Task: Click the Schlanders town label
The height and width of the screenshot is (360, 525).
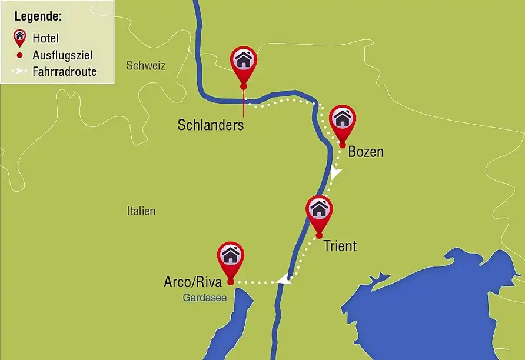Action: [x=210, y=125]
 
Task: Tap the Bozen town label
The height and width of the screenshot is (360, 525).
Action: [x=365, y=152]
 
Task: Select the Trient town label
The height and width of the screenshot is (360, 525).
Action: [x=340, y=245]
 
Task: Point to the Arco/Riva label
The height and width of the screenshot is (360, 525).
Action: [x=192, y=282]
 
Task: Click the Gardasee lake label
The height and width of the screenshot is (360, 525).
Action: [x=200, y=298]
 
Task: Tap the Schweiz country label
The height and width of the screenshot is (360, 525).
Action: [x=145, y=65]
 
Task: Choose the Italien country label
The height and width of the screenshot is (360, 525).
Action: [x=141, y=211]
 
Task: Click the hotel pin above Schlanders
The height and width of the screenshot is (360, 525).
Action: [x=244, y=61]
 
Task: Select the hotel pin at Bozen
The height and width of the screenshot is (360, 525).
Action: [x=343, y=119]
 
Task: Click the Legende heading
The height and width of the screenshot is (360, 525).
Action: [x=38, y=16]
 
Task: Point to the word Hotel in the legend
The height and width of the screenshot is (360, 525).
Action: [x=45, y=39]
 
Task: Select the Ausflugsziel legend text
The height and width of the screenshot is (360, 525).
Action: [x=63, y=55]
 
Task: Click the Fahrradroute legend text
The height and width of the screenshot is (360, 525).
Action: [x=65, y=72]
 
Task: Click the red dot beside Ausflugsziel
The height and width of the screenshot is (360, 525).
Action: [x=20, y=55]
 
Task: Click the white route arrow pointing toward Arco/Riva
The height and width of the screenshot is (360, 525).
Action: [x=284, y=279]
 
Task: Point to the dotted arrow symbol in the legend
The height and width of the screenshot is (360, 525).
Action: [x=19, y=72]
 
